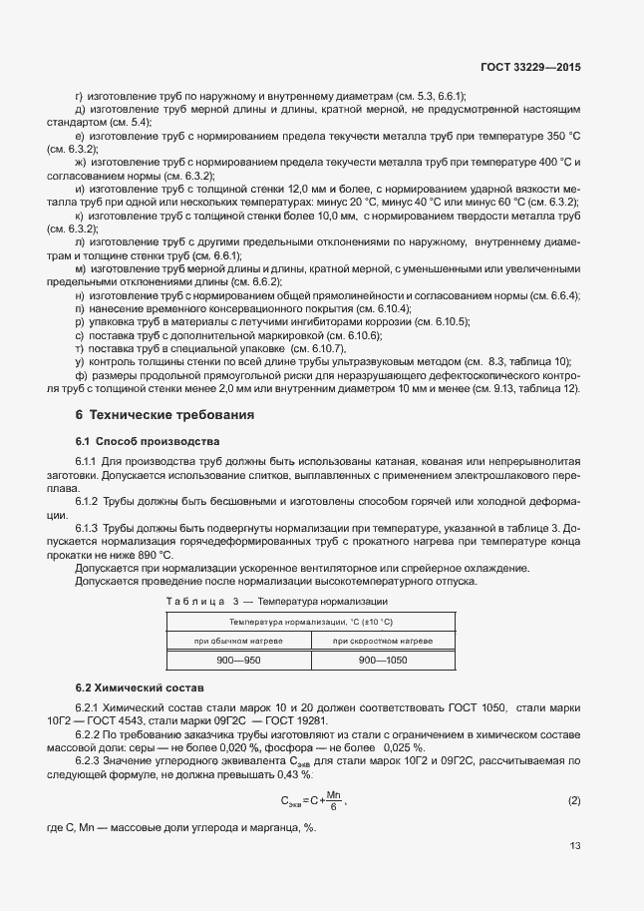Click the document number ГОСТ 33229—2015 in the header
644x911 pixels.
(530, 66)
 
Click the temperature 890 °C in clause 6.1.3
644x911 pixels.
(153, 554)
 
